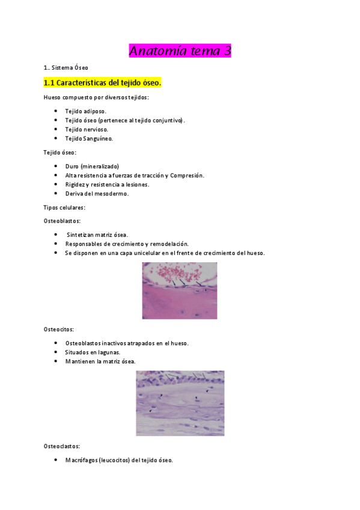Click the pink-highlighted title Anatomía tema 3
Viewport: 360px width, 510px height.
(180, 51)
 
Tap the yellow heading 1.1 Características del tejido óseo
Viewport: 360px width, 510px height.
(103, 82)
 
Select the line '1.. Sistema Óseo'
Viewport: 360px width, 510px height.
(66, 67)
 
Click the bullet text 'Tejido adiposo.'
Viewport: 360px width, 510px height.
(86, 111)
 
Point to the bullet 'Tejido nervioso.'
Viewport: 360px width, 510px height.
(87, 129)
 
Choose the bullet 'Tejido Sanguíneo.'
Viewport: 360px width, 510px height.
(89, 138)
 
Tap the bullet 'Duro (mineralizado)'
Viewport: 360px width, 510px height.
(92, 166)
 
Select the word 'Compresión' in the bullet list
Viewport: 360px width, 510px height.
(186, 175)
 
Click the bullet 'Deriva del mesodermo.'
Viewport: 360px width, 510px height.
(97, 194)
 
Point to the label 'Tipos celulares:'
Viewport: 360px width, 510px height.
(64, 207)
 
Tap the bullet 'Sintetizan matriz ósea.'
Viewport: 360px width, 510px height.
(97, 235)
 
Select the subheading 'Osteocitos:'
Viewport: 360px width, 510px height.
(59, 330)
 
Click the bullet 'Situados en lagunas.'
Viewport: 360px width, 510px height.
(93, 352)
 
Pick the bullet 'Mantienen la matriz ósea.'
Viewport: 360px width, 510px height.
(100, 361)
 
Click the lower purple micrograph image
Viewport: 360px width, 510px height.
(180, 402)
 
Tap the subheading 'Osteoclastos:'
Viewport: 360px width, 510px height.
(62, 446)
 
